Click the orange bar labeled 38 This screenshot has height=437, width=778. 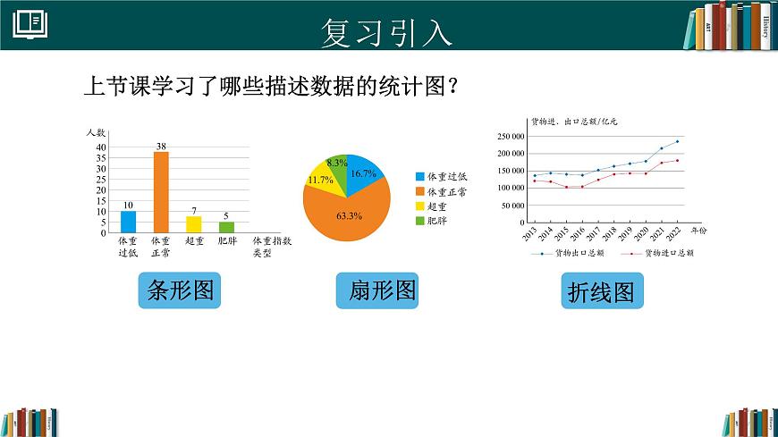click(x=161, y=192)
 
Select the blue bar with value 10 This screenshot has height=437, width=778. click(x=129, y=222)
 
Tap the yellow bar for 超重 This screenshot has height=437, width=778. click(x=193, y=224)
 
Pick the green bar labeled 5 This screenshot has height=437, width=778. click(x=226, y=227)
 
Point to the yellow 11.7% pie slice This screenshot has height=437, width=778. click(x=322, y=181)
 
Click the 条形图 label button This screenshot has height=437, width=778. click(x=180, y=292)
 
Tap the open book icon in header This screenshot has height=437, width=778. click(x=30, y=25)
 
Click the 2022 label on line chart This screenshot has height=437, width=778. click(x=676, y=234)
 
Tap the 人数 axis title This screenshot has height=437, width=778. click(x=97, y=132)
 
